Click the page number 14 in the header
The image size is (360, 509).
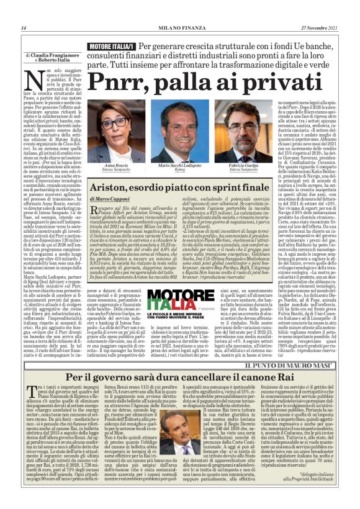coord(23,28)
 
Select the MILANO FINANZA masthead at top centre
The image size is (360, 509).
coord(180,28)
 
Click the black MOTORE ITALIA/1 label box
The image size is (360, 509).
coord(112,47)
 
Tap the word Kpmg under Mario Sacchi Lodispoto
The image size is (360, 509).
coord(181,170)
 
